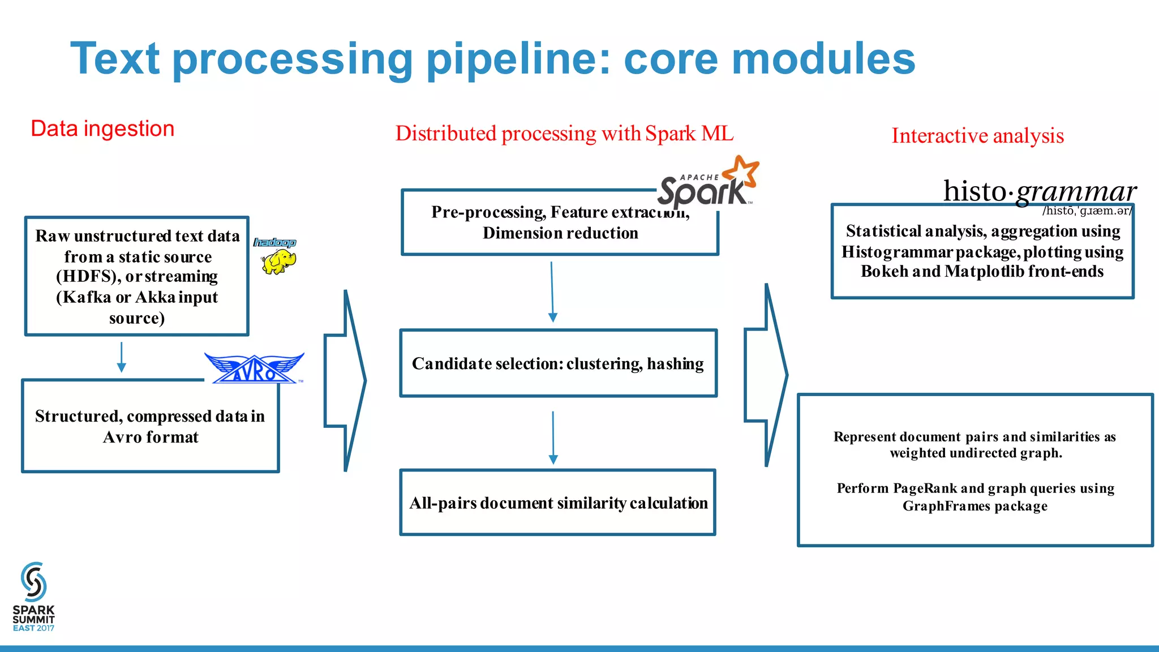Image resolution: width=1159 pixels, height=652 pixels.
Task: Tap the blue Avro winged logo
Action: (255, 368)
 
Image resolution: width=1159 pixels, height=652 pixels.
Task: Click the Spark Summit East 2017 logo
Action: (34, 597)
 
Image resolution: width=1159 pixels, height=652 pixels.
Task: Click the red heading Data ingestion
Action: (102, 129)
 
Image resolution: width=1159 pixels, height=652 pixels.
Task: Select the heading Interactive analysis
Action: (977, 136)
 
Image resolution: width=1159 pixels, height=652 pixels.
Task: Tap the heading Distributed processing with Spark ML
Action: (564, 134)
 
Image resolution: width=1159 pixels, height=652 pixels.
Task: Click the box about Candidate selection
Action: (558, 363)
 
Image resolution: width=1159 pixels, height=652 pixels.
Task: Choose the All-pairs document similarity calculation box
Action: (558, 503)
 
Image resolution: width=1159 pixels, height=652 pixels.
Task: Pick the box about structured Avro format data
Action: (151, 426)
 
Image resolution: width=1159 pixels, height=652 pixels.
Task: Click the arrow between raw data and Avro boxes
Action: (121, 357)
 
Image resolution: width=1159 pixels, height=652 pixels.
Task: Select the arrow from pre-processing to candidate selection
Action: (552, 292)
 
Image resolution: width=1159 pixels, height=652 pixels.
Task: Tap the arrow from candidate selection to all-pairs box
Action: (553, 437)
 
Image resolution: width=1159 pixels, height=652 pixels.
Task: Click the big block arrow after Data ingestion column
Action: (346, 380)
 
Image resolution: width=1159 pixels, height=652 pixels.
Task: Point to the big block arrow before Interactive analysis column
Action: (766, 375)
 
